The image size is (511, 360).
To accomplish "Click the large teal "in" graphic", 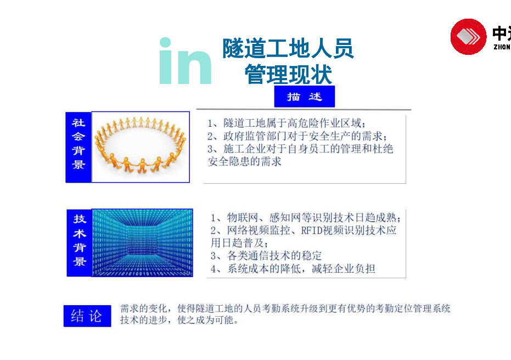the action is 185,61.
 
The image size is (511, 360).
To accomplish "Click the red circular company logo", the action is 468,36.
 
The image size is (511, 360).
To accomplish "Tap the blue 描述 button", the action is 305,97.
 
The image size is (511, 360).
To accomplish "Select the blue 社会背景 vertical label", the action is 78,147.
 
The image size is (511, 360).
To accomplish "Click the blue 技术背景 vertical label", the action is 79,243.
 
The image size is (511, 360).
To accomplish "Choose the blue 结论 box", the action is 87,316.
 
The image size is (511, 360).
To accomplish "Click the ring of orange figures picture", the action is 141,147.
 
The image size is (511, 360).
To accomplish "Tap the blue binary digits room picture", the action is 142,243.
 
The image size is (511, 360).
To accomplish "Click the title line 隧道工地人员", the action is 288,48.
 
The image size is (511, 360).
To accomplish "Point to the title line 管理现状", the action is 288,74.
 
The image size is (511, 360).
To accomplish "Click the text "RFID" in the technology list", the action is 311,230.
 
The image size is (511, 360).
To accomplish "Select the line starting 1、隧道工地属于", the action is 287,123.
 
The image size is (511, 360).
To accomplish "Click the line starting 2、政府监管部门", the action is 297,136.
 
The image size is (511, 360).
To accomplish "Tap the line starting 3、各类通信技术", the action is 266,256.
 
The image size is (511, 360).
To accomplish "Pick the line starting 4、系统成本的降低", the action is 293,269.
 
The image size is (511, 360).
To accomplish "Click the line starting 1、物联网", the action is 306,217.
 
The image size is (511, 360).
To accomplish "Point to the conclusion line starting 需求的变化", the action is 285,308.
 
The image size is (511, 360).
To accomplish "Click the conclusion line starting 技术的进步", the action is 179,320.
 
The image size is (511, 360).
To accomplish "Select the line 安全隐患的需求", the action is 244,161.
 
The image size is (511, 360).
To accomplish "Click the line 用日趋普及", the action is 239,243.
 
